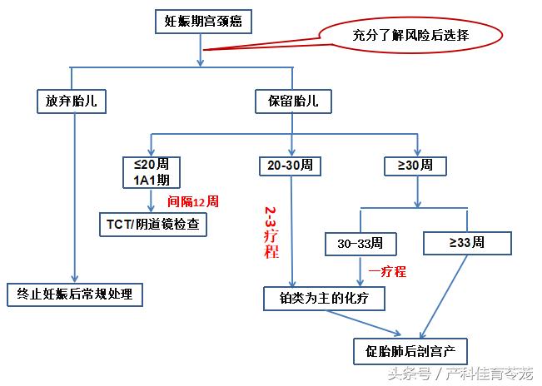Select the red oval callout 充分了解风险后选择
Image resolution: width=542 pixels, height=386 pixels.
click(408, 36)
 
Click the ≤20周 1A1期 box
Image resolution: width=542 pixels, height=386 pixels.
click(152, 172)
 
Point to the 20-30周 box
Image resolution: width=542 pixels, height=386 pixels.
click(291, 165)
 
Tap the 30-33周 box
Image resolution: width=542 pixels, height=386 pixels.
click(361, 244)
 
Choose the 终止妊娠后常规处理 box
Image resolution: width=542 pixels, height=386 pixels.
click(75, 294)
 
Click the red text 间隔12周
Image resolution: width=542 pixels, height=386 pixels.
click(193, 201)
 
